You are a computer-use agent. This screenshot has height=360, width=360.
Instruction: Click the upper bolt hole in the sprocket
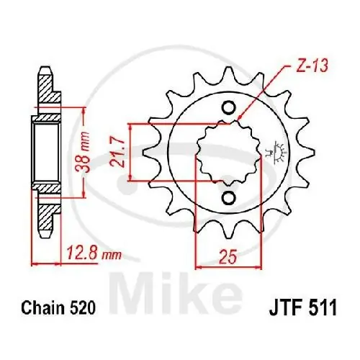pos(228,109)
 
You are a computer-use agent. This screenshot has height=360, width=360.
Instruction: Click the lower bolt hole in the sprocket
pos(228,198)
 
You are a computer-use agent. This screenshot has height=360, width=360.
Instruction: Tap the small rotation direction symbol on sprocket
pos(274,153)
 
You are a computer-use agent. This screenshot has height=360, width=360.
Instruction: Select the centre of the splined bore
pos(228,153)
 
